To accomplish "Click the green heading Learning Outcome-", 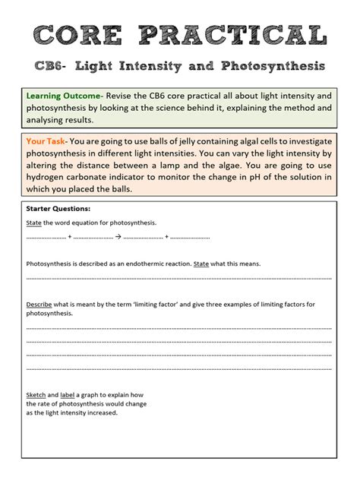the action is coord(65,96).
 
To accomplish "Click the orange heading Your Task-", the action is coord(47,141).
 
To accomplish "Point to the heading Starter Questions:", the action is coord(58,208).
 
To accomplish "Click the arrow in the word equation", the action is coord(118,237).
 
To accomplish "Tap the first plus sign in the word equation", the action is coord(69,237).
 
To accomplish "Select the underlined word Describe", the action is coord(39,305).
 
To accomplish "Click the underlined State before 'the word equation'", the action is coord(34,223).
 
